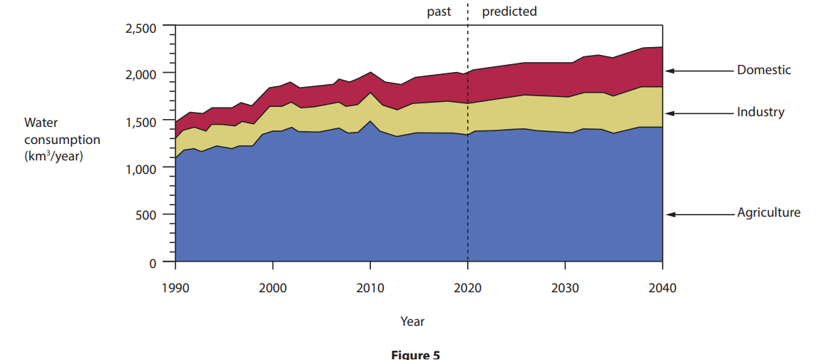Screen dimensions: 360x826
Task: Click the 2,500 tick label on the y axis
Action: [x=141, y=29]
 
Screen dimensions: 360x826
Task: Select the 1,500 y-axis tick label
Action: [x=141, y=122]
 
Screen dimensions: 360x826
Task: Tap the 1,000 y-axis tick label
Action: [x=141, y=169]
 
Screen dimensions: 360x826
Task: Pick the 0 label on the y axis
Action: [x=153, y=263]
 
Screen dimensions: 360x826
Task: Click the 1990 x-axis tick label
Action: [x=175, y=288]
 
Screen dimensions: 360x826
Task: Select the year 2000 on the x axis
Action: [x=272, y=288]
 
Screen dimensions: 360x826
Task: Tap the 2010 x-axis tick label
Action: [x=370, y=288]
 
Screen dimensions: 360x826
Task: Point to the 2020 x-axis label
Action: [x=468, y=288]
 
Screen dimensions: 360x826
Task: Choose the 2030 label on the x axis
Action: [x=565, y=288]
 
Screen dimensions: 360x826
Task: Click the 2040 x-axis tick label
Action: [x=663, y=288]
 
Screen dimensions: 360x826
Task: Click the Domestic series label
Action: [x=764, y=70]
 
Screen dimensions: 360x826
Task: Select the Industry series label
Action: [x=760, y=112]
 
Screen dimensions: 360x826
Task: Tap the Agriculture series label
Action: [x=768, y=212]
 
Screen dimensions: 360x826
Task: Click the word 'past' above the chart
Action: [x=439, y=11]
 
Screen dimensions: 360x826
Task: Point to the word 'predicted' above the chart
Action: [x=509, y=11]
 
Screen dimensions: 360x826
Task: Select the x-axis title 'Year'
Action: [x=412, y=322]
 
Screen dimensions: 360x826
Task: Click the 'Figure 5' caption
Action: [x=416, y=354]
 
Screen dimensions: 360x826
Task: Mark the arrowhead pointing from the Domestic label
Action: [x=669, y=71]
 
